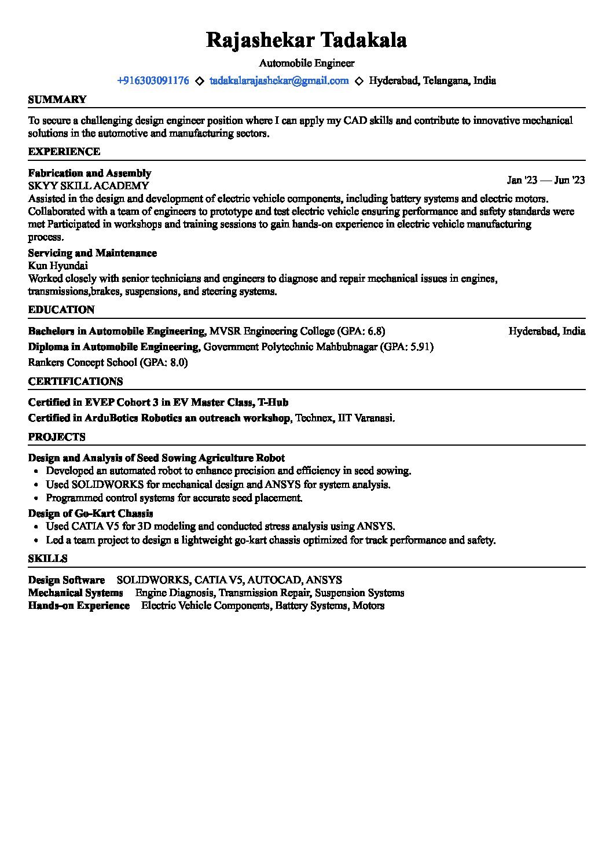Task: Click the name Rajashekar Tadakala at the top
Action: pos(306,41)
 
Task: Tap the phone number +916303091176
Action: pos(153,81)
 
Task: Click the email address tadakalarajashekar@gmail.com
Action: pos(279,81)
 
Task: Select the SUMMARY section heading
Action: pos(57,100)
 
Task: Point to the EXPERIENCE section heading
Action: pos(64,152)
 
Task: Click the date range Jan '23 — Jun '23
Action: pos(546,180)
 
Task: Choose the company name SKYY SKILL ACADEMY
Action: pos(89,186)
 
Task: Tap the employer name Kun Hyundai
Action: pos(58,266)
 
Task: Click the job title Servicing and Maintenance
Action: pos(93,253)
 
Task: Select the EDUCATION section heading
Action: pos(61,310)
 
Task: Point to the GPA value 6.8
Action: pos(375,332)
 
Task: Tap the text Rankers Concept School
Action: pos(82,363)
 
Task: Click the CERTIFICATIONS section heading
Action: pos(75,381)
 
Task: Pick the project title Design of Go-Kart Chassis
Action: pos(91,513)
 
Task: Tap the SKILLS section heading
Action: pos(48,559)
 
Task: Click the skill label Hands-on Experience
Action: pos(79,606)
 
